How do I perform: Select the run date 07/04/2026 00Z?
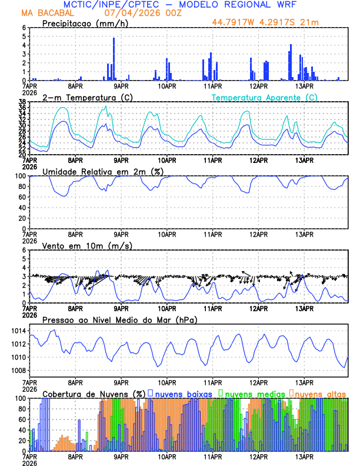(139, 13)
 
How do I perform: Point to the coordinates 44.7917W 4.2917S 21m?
(270, 23)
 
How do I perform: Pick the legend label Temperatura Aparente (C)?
(264, 97)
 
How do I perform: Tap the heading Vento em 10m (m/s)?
(87, 245)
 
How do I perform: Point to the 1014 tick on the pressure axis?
(16, 331)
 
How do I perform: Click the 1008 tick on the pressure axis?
(16, 370)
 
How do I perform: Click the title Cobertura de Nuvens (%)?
(94, 393)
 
